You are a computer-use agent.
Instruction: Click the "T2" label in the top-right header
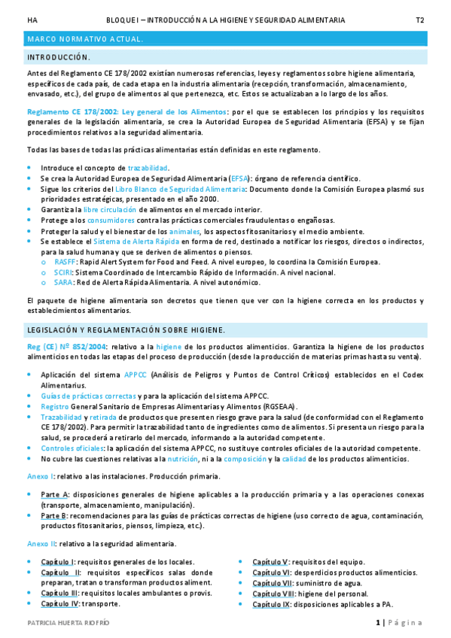[419, 20]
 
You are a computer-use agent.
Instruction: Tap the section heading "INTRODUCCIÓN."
[59, 57]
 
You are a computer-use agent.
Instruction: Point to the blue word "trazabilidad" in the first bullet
[148, 168]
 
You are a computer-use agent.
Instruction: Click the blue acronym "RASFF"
[65, 262]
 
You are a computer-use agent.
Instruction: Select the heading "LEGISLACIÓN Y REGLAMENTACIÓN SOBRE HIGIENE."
[126, 330]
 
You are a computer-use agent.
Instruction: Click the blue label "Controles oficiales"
[72, 448]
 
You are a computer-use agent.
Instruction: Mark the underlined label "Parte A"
[55, 494]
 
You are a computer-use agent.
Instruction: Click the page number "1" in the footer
[378, 623]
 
